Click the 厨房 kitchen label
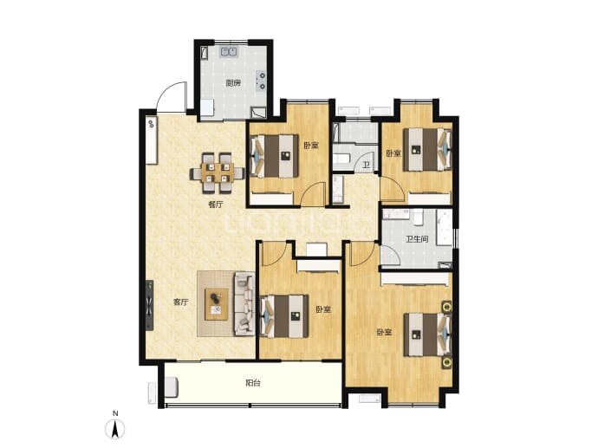(x=233, y=82)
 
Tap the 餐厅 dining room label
(x=216, y=205)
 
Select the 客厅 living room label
(x=181, y=302)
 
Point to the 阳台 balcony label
(x=253, y=383)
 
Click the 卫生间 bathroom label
(x=417, y=239)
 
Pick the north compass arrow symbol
(x=115, y=428)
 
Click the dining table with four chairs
(x=217, y=172)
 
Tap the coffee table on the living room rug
(x=217, y=304)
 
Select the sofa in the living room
(x=244, y=303)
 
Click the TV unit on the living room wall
(x=149, y=305)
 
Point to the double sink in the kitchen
(x=229, y=52)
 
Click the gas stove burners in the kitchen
(x=261, y=81)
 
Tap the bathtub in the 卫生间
(x=444, y=227)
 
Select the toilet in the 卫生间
(x=419, y=217)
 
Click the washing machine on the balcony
(x=172, y=387)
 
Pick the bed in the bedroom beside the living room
(x=284, y=316)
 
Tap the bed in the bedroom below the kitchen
(x=274, y=156)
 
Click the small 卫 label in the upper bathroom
(x=366, y=165)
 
